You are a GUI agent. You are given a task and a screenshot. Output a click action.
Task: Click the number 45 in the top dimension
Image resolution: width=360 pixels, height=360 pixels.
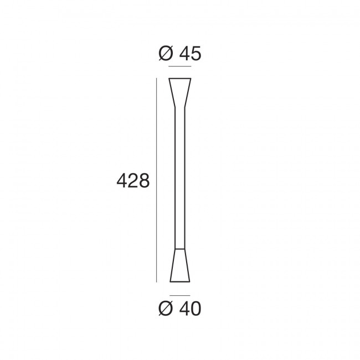point(189,54)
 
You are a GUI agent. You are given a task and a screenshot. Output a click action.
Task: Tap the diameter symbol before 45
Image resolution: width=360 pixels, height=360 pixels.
point(164,54)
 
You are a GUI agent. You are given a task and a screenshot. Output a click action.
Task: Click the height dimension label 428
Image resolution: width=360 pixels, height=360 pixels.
point(133,181)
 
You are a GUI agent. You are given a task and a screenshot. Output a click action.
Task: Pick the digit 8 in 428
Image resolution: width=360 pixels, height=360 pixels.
point(144,181)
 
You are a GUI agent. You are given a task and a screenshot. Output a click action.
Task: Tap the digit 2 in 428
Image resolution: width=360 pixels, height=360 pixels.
point(133,181)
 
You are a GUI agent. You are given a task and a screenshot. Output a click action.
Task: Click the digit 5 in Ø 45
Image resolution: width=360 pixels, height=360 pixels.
point(195,54)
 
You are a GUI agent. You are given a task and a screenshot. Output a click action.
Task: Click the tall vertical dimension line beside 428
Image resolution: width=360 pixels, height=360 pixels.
point(157,181)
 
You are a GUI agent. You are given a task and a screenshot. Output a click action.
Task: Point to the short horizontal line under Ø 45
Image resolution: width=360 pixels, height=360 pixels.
point(179,67)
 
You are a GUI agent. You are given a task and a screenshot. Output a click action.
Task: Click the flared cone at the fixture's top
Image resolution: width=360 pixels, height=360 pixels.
point(180,91)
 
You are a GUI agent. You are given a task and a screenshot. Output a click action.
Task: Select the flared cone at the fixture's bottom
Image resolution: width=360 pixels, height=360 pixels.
point(180,269)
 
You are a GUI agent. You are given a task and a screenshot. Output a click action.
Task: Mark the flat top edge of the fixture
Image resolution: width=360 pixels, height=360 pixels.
point(180,79)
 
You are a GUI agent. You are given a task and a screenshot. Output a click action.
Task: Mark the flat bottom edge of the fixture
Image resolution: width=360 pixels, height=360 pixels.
point(180,281)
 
